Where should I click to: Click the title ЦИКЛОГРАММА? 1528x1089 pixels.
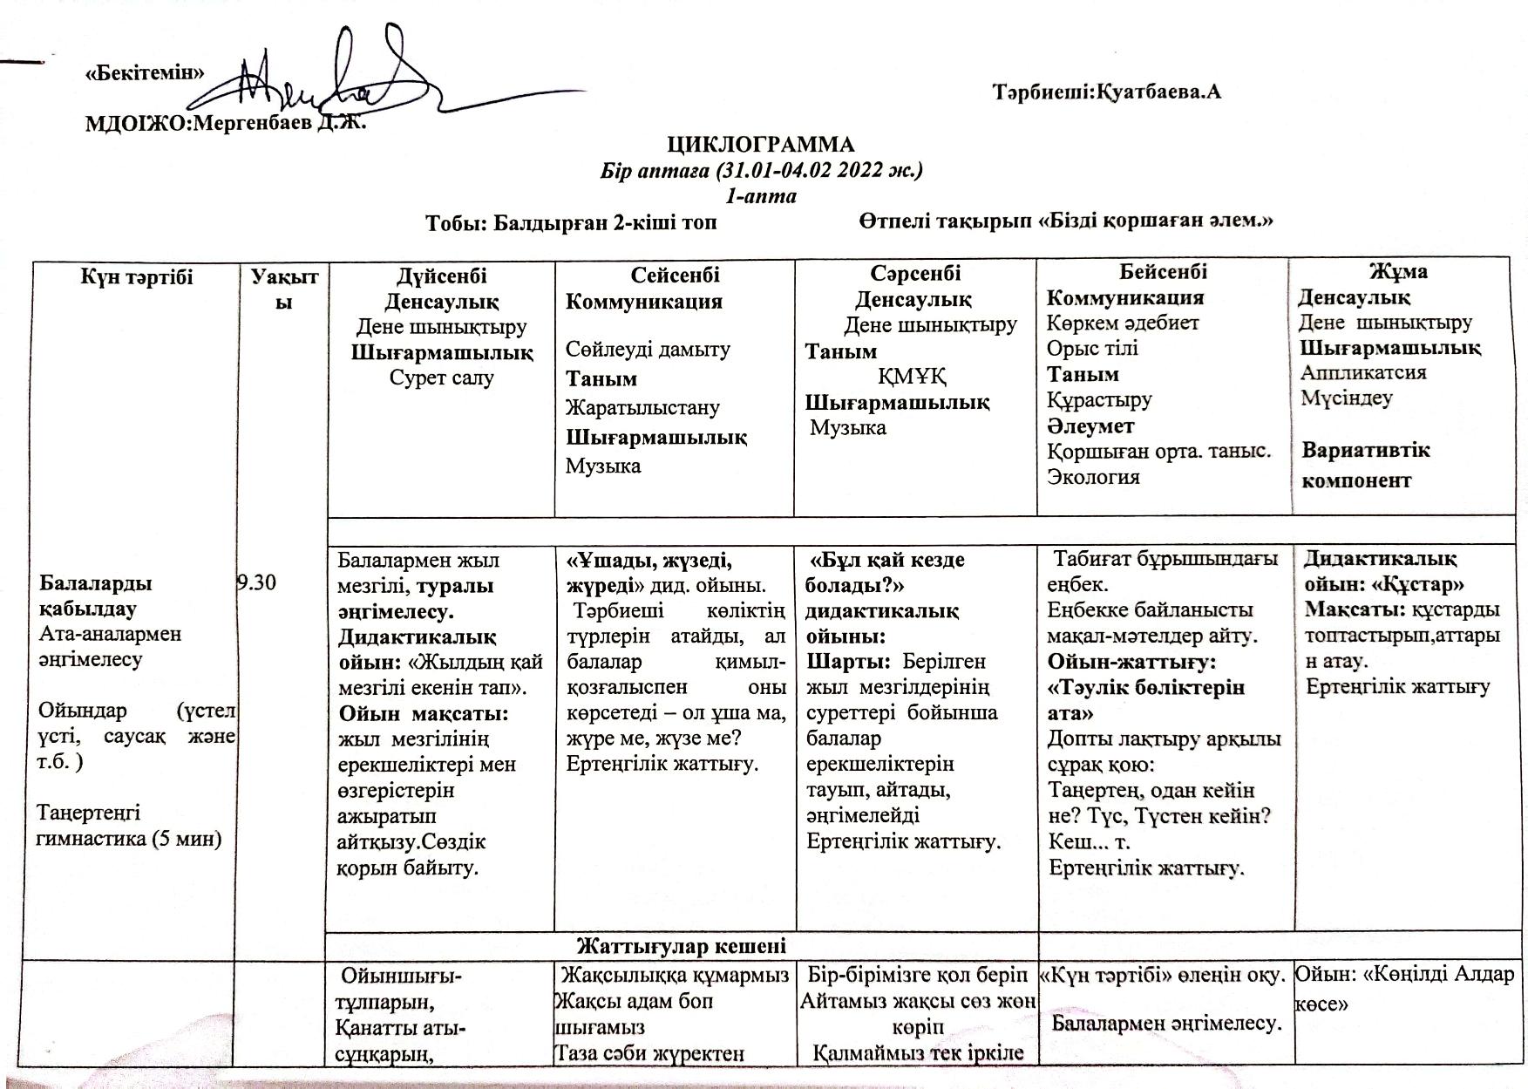(761, 144)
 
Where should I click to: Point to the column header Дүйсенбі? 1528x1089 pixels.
(441, 276)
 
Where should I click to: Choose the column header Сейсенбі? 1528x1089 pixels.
(675, 276)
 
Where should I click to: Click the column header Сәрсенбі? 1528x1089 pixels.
(914, 274)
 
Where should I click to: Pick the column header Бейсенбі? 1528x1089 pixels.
(1163, 272)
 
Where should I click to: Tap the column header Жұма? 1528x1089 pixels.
(1398, 272)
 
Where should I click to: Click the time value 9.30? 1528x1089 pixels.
(256, 582)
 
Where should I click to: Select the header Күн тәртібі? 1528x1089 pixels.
(137, 277)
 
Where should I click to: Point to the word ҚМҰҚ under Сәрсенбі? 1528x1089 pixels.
(912, 377)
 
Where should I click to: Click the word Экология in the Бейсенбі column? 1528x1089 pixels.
(1093, 477)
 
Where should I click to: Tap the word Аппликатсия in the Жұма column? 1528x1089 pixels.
(1363, 372)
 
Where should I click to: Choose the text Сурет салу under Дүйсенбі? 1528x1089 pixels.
(441, 378)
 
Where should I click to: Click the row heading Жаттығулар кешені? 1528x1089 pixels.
(681, 946)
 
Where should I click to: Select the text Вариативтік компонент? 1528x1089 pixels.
(1365, 465)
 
